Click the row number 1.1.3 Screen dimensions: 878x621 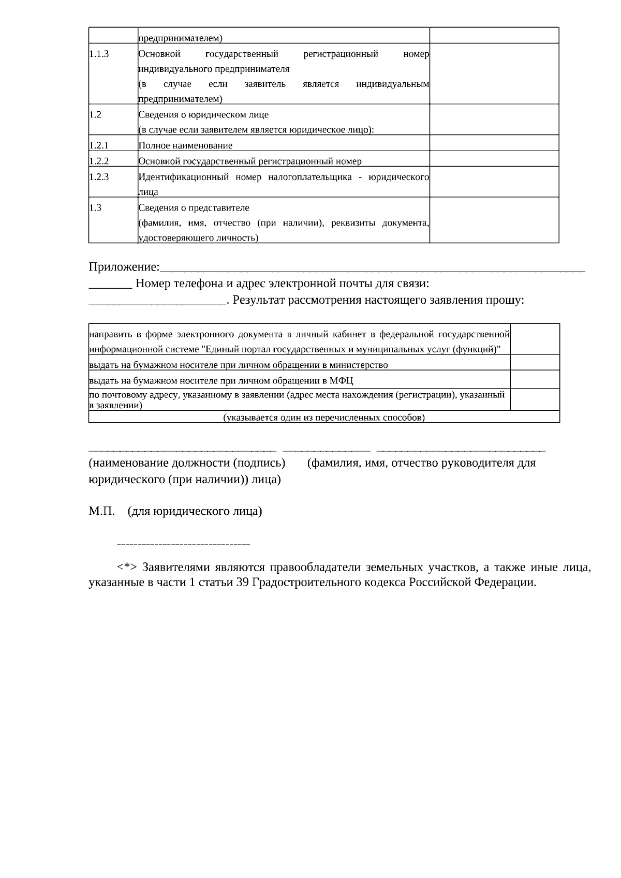click(99, 54)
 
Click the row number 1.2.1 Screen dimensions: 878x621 click(99, 145)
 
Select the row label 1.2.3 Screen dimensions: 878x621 click(99, 177)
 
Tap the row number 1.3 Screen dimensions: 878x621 click(95, 207)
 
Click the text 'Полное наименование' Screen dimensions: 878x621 click(185, 145)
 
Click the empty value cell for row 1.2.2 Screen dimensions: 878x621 click(494, 159)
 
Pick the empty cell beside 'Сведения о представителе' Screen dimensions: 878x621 click(494, 220)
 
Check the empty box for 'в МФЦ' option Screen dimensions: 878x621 click(535, 379)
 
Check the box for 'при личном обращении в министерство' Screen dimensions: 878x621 click(535, 362)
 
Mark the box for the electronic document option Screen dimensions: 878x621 click(535, 339)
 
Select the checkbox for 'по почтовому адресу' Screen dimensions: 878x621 click(535, 399)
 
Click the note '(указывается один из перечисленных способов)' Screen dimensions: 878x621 click(324, 417)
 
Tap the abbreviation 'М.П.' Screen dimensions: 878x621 click(101, 512)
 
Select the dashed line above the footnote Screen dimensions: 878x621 click(184, 544)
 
